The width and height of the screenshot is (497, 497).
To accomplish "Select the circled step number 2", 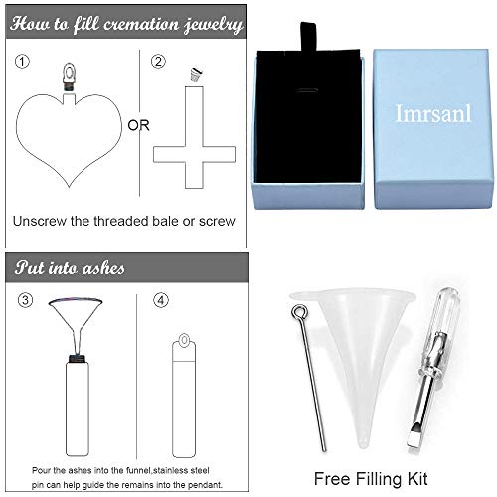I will click(157, 61).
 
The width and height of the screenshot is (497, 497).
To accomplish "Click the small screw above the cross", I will click(192, 74).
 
